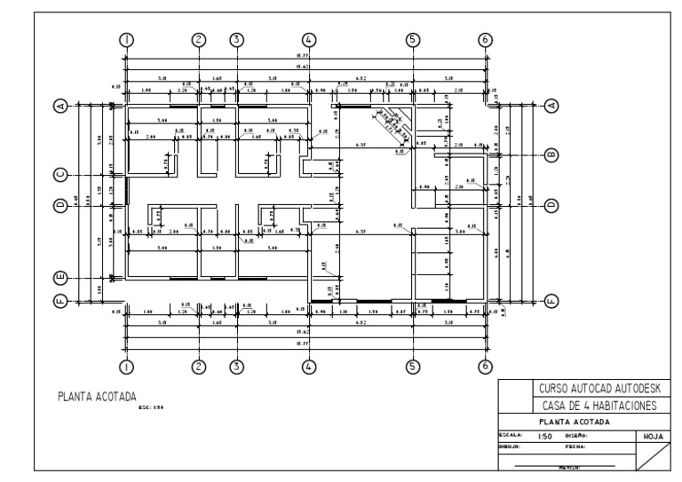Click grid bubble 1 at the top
point(127,39)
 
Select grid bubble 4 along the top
point(309,39)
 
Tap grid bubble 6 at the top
point(485,39)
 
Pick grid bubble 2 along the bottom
point(199,365)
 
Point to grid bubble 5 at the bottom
point(412,365)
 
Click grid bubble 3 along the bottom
point(236,365)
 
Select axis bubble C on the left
point(60,174)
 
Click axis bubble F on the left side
point(60,300)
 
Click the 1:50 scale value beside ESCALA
point(547,437)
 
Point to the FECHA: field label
point(575,447)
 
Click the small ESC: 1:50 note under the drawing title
point(152,408)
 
